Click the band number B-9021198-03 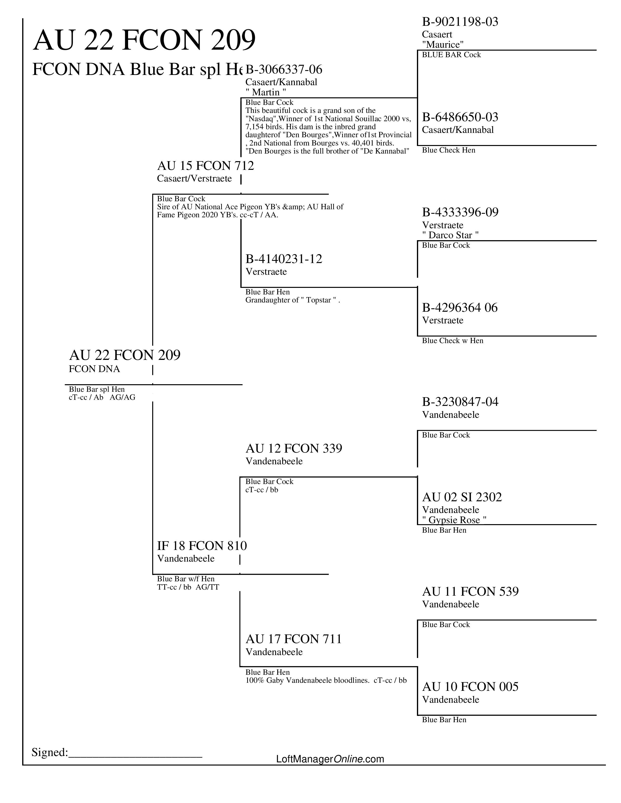click(x=460, y=22)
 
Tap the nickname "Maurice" click(x=442, y=45)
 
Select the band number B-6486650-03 click(x=460, y=117)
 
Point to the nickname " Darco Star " click(x=450, y=235)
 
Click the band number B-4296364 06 click(x=460, y=308)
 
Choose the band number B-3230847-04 click(x=460, y=402)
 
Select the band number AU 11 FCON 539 click(x=470, y=592)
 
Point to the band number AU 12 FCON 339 click(x=294, y=448)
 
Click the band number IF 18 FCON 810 click(x=202, y=546)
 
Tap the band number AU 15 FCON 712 click(x=205, y=166)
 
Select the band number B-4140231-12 click(x=284, y=259)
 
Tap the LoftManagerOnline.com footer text click(x=330, y=759)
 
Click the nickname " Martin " click(x=266, y=92)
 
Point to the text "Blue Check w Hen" click(x=452, y=341)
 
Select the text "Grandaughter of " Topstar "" click(x=292, y=300)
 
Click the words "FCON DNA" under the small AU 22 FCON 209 click(x=94, y=369)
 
